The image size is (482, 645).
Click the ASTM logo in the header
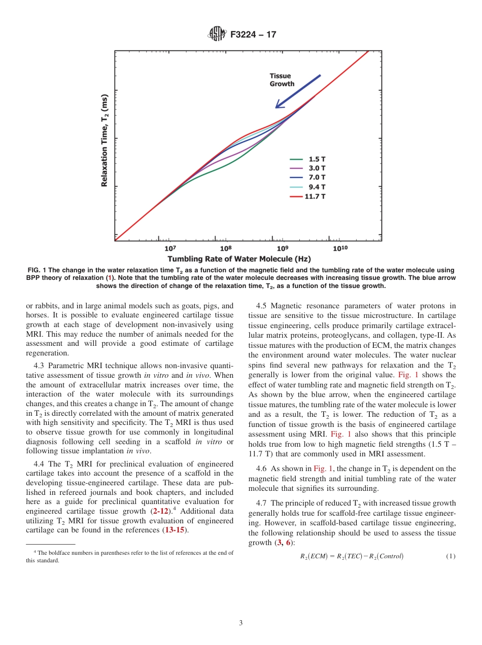tap(217, 34)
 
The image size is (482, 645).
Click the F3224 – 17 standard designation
tap(253, 34)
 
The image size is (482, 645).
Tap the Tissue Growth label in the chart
tap(282, 80)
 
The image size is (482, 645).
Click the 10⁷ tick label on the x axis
tap(170, 248)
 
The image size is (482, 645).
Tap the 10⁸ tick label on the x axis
tap(226, 248)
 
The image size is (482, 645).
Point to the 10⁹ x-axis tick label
tap(283, 248)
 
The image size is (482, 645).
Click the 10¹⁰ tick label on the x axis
tap(340, 248)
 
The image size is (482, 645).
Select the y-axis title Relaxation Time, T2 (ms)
tap(105, 140)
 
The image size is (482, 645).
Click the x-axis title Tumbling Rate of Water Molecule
tap(239, 259)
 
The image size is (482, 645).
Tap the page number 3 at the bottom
tap(241, 623)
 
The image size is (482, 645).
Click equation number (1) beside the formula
tap(451, 556)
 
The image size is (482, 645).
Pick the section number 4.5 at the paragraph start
tap(262, 306)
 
